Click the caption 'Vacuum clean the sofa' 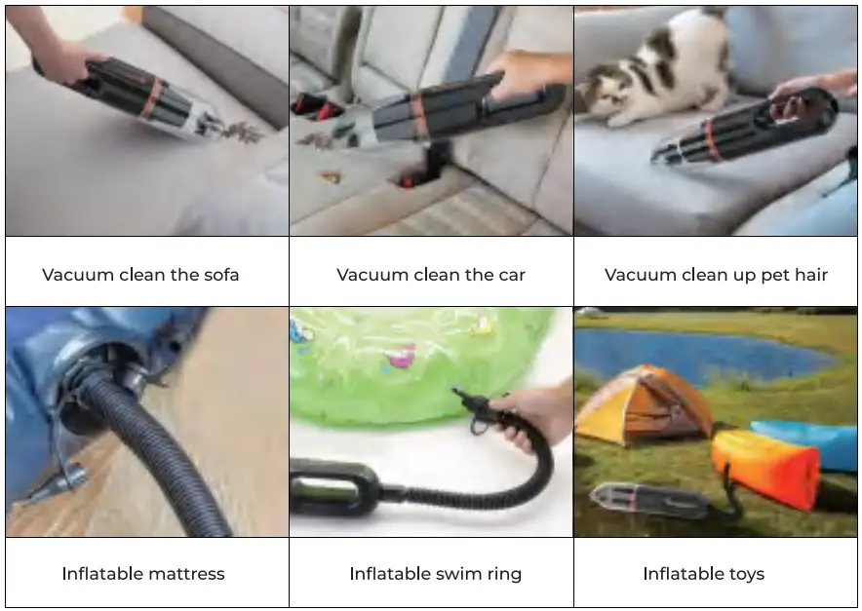pyautogui.click(x=140, y=275)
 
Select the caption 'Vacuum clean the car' pyautogui.click(x=431, y=275)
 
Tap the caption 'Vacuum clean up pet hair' pyautogui.click(x=716, y=275)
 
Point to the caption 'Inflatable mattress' pyautogui.click(x=143, y=573)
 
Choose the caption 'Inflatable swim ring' pyautogui.click(x=435, y=573)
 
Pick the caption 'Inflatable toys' pyautogui.click(x=703, y=573)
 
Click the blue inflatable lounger pyautogui.click(x=809, y=439)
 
